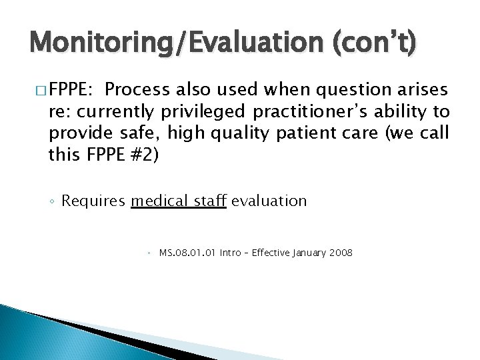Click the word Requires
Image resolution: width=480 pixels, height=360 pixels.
pyautogui.click(x=95, y=200)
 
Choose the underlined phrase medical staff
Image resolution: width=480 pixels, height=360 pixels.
pyautogui.click(x=179, y=200)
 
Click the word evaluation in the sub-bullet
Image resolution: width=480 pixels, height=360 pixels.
pyautogui.click(x=269, y=200)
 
